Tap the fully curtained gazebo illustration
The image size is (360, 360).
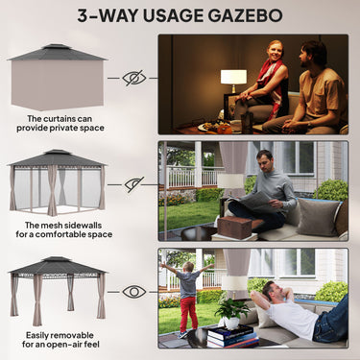click(57, 76)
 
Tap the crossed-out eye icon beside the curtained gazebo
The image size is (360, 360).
click(133, 78)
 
